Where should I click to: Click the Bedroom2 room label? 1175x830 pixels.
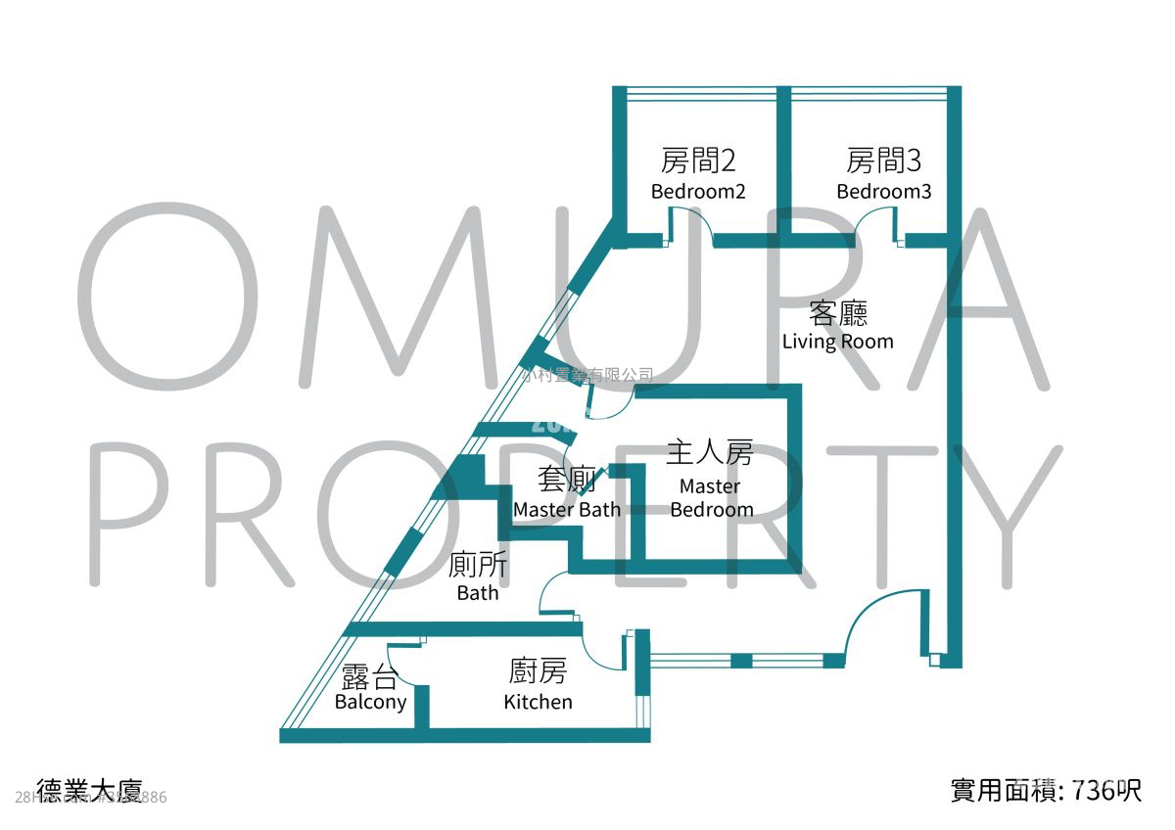[698, 192]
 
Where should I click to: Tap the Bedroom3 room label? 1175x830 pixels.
[883, 192]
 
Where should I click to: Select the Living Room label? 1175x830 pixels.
[837, 342]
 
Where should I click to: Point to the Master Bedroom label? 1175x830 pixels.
[711, 497]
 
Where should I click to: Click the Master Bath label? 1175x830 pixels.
[566, 509]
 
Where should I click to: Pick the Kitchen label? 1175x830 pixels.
[538, 702]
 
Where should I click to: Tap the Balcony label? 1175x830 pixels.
[370, 702]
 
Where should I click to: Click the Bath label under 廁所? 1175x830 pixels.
[478, 593]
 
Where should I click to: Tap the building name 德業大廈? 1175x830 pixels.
[89, 790]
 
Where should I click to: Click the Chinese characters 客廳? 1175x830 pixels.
[838, 314]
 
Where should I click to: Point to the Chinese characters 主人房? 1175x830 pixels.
[710, 453]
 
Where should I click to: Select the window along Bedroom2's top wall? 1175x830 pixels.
[701, 94]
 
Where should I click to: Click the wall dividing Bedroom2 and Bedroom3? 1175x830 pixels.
[783, 161]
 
